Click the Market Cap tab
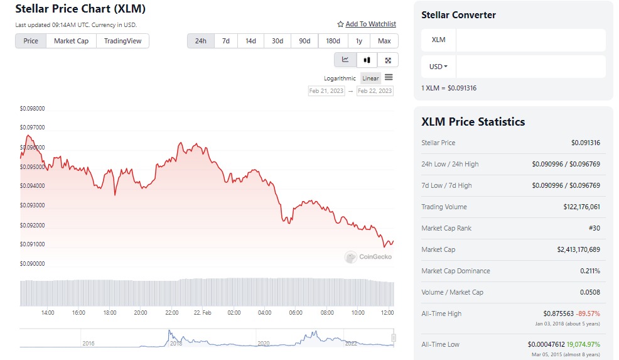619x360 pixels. [71, 41]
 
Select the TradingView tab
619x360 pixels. [122, 41]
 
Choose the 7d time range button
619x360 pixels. [226, 41]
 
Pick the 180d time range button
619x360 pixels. [333, 41]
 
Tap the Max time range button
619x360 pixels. [384, 41]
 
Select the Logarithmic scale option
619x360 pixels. [340, 79]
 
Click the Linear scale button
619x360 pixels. [370, 79]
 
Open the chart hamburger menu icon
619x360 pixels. [389, 77]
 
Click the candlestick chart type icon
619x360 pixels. [367, 60]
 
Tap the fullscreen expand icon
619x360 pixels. [388, 60]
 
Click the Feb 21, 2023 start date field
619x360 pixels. [326, 91]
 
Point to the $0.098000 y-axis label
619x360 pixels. [32, 108]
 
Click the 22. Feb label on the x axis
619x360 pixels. [202, 312]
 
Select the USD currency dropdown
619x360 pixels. [438, 66]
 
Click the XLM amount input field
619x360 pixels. [530, 40]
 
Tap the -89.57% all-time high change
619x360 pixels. [589, 314]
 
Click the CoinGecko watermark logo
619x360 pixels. [369, 256]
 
